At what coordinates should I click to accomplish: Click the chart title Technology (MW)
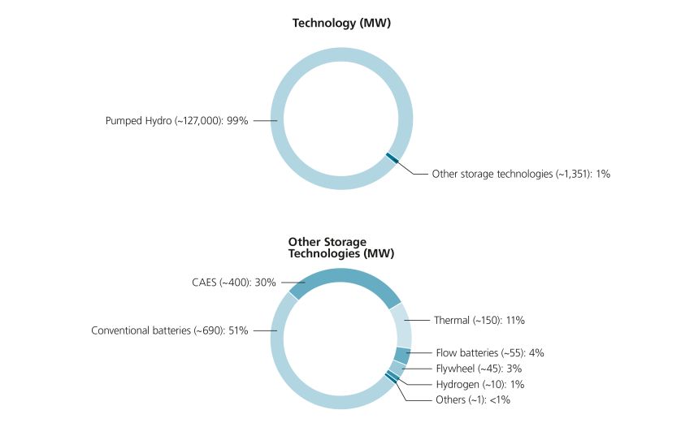341,23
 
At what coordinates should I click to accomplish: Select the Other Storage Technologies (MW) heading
341,248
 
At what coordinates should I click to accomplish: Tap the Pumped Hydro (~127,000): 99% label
177,121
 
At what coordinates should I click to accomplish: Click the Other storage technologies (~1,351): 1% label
521,174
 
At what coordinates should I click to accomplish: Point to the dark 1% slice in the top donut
393,158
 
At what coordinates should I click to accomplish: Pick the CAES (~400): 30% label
234,283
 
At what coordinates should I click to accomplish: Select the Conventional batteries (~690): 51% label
169,330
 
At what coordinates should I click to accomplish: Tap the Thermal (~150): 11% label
479,320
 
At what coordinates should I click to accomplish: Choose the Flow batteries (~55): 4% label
490,352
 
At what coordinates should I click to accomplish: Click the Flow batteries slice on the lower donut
402,356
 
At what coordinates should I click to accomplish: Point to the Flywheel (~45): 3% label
479,369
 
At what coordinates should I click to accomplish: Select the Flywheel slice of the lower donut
397,369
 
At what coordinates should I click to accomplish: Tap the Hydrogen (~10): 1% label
480,384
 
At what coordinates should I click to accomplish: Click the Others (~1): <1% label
473,399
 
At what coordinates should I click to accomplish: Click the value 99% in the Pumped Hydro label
237,121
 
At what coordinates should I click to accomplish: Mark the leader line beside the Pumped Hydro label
266,121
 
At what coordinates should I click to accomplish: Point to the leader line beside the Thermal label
417,320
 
